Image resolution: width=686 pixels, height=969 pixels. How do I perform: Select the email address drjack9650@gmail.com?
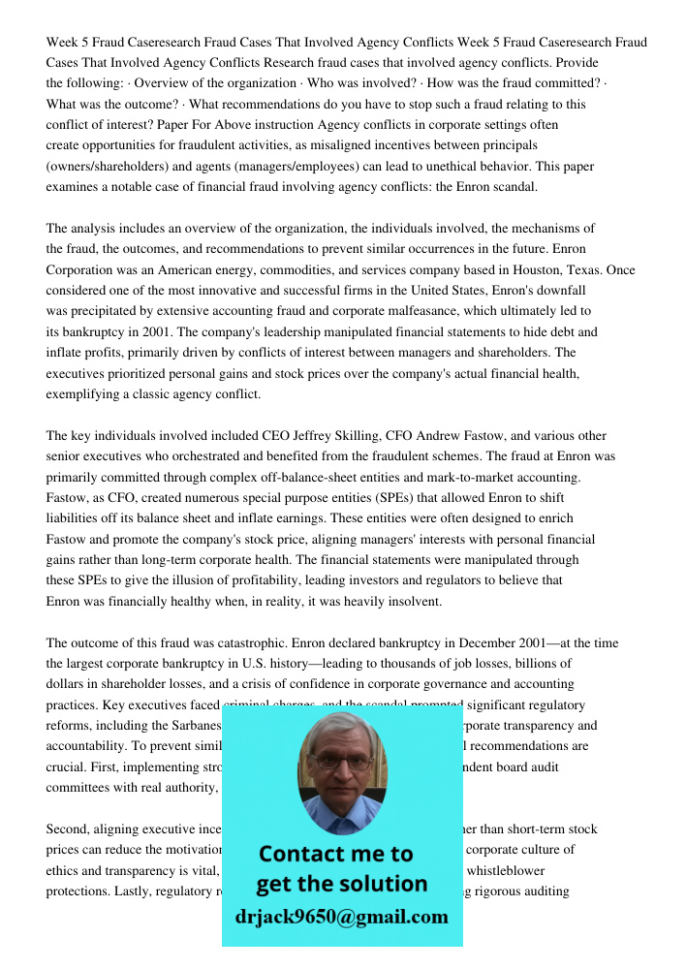click(342, 917)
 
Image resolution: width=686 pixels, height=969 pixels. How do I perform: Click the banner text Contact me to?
click(336, 854)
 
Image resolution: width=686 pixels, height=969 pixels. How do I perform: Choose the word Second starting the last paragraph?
click(69, 829)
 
